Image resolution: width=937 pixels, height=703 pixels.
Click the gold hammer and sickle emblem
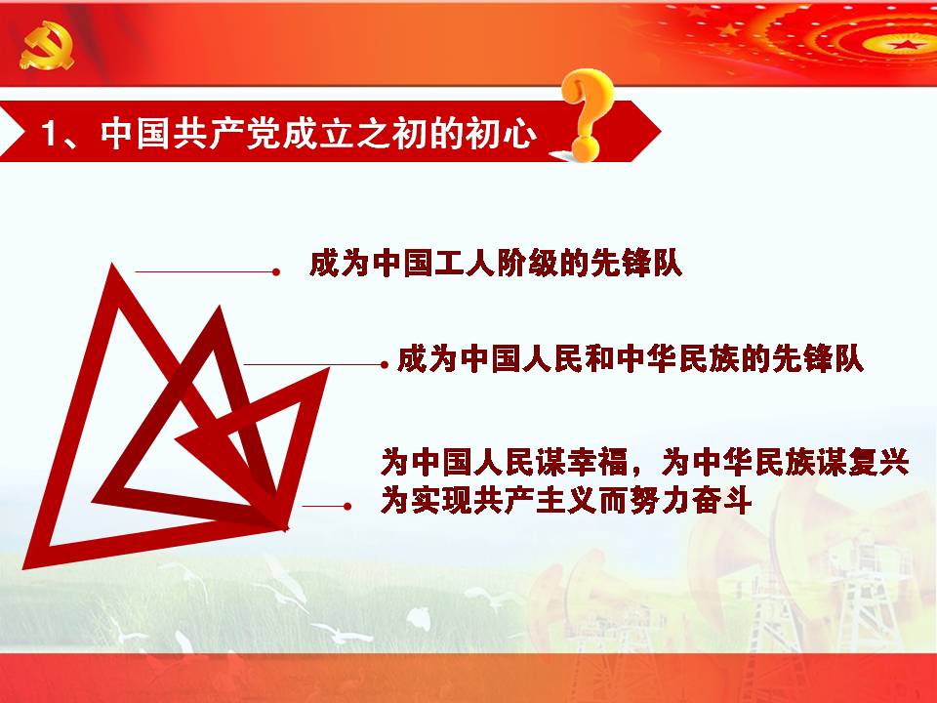(x=46, y=46)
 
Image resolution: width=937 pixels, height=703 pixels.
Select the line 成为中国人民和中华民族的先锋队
(x=630, y=359)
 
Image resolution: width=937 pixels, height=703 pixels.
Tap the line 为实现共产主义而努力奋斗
(x=566, y=500)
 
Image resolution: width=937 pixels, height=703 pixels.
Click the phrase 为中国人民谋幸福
(x=505, y=462)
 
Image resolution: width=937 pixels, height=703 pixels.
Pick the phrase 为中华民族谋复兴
(x=786, y=462)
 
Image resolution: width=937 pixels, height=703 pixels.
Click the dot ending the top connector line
(x=275, y=272)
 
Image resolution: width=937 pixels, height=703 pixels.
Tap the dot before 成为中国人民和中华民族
(x=385, y=364)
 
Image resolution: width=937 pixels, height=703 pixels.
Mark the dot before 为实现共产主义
(x=347, y=507)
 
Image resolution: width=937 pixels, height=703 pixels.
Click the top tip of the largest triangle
(x=112, y=265)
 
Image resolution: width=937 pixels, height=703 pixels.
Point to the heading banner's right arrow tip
(x=660, y=132)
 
